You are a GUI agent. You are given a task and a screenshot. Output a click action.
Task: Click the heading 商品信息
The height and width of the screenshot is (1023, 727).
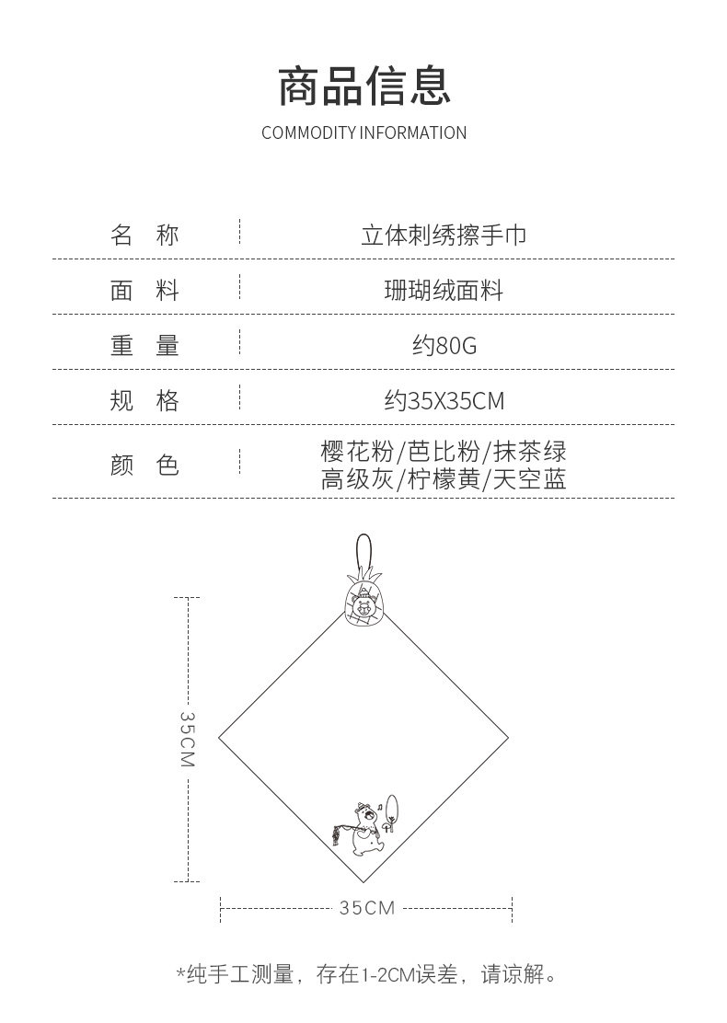pyautogui.click(x=363, y=86)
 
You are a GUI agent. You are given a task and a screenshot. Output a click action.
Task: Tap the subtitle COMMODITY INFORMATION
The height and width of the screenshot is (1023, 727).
pyautogui.click(x=363, y=133)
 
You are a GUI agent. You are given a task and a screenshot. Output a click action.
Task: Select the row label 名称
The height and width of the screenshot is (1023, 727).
pyautogui.click(x=144, y=236)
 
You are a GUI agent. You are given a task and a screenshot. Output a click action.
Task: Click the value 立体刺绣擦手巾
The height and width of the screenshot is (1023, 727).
pyautogui.click(x=444, y=236)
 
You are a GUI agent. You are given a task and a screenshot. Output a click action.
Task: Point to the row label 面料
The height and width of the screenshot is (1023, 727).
pyautogui.click(x=144, y=292)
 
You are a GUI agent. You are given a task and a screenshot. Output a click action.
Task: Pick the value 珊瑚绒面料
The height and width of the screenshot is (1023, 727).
pyautogui.click(x=444, y=292)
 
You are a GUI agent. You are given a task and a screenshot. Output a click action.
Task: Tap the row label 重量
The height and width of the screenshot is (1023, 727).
pyautogui.click(x=144, y=346)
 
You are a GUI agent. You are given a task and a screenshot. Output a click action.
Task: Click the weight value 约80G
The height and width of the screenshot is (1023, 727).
pyautogui.click(x=444, y=347)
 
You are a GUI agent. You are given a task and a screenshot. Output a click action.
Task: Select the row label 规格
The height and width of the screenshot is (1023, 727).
pyautogui.click(x=144, y=401)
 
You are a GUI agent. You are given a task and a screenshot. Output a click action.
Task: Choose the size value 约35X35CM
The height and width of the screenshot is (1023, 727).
pyautogui.click(x=444, y=401)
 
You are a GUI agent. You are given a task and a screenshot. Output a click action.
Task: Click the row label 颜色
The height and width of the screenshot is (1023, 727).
pyautogui.click(x=144, y=466)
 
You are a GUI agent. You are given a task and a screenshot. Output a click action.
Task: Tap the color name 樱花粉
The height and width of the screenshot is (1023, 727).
pyautogui.click(x=356, y=452)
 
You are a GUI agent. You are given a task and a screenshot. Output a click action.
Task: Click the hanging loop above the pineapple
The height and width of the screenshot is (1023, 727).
pyautogui.click(x=364, y=553)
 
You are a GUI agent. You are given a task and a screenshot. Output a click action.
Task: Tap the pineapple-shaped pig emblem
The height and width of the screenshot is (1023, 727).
pyautogui.click(x=363, y=603)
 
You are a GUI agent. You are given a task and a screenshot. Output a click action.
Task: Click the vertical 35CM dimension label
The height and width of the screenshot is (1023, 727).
pyautogui.click(x=187, y=739)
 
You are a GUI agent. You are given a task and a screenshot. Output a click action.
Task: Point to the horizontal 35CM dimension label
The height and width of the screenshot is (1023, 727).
pyautogui.click(x=366, y=908)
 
